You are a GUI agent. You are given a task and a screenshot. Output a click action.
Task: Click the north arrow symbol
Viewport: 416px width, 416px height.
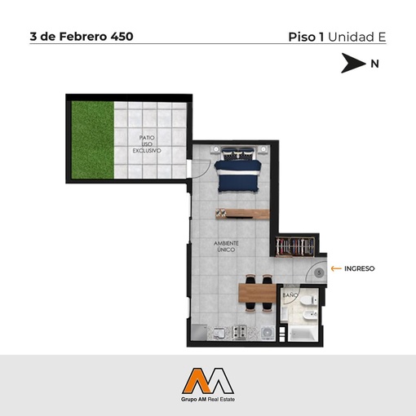coord(353,63)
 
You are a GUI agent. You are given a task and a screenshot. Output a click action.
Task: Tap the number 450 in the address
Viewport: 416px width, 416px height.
coord(122,37)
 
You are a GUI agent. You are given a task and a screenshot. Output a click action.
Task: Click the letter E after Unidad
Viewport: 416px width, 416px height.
coord(382,38)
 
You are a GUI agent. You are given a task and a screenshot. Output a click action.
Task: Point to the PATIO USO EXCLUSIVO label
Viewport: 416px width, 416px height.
coord(147,144)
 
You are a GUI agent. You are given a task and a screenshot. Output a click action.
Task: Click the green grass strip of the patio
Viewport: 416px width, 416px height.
coord(93,139)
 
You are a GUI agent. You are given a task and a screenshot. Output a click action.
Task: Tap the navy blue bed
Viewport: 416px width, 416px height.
coord(238,170)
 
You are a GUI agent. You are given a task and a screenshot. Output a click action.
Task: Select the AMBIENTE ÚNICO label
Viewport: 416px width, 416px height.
coord(226,246)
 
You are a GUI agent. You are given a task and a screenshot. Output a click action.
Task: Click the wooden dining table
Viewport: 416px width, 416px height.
coord(257,293)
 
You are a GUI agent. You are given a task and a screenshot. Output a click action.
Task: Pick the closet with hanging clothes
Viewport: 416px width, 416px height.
coord(295,246)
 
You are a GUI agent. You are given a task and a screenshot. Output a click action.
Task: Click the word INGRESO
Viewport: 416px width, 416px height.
coord(360,268)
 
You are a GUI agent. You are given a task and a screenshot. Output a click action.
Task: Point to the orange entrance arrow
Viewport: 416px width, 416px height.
coord(336,268)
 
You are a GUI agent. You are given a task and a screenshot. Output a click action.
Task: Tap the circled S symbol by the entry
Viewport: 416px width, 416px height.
coord(319,272)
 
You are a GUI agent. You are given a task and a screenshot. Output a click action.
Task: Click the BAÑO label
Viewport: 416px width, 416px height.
coord(290,295)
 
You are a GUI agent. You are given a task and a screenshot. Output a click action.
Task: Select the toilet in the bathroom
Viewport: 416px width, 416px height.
coord(308,300)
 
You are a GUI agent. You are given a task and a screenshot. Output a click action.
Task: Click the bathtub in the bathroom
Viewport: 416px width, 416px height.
coord(303,334)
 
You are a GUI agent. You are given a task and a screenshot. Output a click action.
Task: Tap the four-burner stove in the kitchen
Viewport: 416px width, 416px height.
coord(239,332)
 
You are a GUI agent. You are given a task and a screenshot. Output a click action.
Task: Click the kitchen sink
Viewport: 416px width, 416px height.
coord(219,333)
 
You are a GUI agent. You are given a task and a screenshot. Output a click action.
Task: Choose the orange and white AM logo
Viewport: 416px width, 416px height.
coord(208,381)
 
